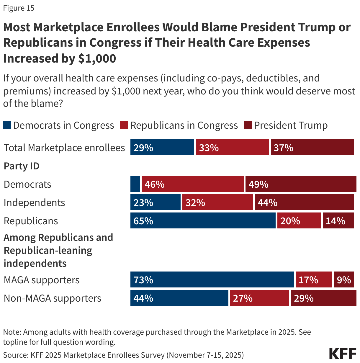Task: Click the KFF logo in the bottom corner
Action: click(343, 354)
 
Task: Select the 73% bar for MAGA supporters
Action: click(212, 279)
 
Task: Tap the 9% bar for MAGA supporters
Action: click(344, 279)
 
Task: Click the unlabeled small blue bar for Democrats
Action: click(135, 184)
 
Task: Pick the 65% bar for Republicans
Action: click(203, 220)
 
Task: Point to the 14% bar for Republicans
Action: click(338, 220)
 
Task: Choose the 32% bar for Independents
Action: click(217, 202)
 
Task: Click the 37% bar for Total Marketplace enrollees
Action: click(312, 147)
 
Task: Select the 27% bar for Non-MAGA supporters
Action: click(259, 298)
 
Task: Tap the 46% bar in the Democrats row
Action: click(192, 184)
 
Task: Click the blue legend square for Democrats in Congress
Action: click(7, 125)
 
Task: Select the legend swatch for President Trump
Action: click(248, 125)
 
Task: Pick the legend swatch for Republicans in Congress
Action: click(124, 125)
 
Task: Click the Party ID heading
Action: click(22, 166)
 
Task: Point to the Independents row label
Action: click(34, 202)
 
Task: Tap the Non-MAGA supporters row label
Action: click(52, 298)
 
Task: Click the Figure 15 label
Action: click(19, 8)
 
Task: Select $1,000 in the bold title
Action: click(97, 58)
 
